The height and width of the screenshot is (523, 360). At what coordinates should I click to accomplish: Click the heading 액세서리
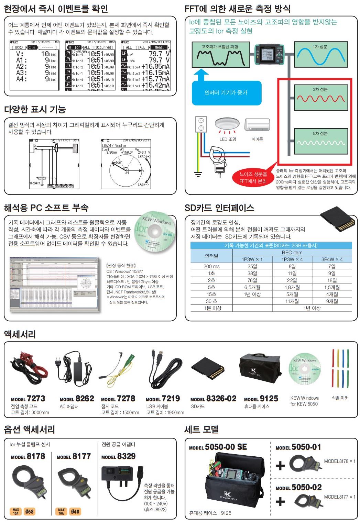[x=20, y=334]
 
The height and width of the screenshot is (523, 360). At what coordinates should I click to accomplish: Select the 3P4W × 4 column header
[x=332, y=259]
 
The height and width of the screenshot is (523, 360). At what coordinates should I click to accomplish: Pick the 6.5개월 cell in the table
[x=252, y=287]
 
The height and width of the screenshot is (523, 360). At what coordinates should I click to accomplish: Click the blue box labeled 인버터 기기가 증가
[x=226, y=93]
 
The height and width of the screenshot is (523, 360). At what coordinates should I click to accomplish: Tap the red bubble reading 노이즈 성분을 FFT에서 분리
[x=253, y=178]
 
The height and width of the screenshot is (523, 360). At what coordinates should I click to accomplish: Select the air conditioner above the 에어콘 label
[x=257, y=125]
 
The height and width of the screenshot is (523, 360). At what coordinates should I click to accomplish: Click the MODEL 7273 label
[x=28, y=399]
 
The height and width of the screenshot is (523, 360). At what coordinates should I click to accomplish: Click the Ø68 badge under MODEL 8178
[x=29, y=512]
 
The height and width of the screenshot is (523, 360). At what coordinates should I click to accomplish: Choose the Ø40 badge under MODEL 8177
[x=75, y=512]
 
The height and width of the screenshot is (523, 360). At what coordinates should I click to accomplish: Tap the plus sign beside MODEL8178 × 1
[x=280, y=465]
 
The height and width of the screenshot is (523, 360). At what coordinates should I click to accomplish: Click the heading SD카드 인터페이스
[x=219, y=208]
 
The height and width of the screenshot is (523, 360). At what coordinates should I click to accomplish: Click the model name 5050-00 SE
[x=226, y=447]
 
